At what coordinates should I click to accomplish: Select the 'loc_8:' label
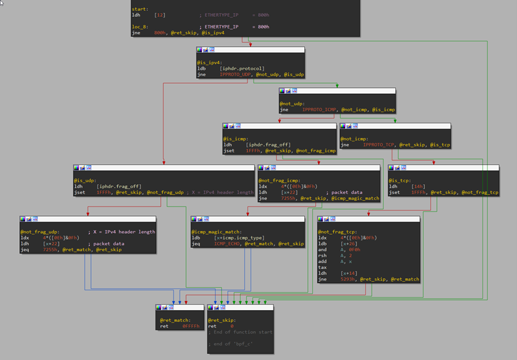(x=140, y=27)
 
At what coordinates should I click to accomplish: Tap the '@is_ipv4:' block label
(x=208, y=63)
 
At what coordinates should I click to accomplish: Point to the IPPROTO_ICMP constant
(x=319, y=110)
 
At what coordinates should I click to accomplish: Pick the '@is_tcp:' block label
(x=399, y=181)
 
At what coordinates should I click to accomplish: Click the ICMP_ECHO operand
(x=227, y=244)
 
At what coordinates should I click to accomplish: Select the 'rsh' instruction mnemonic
(x=322, y=255)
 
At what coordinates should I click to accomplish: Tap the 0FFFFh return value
(x=190, y=326)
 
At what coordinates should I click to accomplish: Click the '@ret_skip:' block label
(x=222, y=320)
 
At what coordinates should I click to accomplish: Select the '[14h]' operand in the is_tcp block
(x=418, y=187)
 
